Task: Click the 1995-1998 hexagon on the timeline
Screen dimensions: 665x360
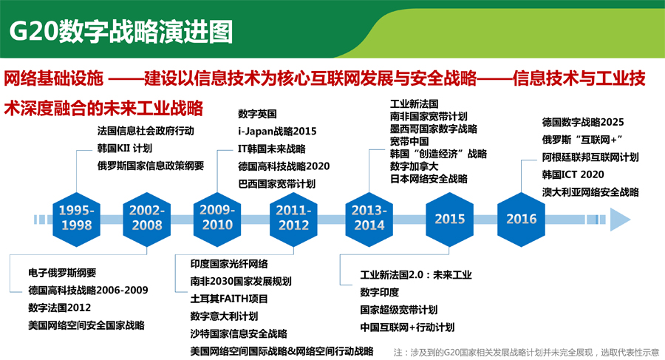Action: (76, 219)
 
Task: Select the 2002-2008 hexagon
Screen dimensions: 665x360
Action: (147, 219)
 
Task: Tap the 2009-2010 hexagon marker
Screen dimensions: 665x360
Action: (217, 219)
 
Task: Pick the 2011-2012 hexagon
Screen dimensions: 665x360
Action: (293, 219)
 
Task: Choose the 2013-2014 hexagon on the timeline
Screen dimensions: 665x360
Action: (369, 219)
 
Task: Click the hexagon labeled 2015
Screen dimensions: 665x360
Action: (449, 219)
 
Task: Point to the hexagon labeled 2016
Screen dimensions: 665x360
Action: (521, 219)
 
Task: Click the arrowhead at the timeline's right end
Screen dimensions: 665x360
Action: (620, 220)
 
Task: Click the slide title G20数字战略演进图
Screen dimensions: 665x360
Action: (121, 31)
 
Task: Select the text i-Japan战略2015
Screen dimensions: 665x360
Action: (277, 131)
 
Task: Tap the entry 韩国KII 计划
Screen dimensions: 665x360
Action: (124, 148)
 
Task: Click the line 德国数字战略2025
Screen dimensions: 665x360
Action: (583, 122)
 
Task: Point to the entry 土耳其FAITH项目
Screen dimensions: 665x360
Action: (229, 299)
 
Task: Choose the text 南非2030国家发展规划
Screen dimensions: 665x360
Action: (241, 281)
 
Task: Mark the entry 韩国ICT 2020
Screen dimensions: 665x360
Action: (573, 174)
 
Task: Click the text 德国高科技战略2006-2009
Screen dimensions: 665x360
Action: (88, 291)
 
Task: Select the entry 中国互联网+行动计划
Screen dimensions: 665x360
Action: (407, 327)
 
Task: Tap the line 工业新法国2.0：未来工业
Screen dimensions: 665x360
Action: (415, 275)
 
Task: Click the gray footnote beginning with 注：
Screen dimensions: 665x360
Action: (526, 353)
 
